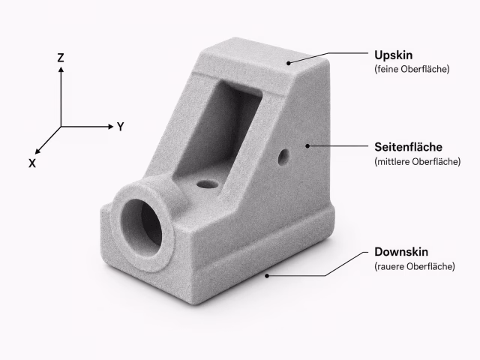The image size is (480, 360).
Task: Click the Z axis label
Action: coord(61,58)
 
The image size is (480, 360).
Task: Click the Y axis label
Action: coord(121,127)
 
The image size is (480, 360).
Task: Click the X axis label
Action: coord(32,163)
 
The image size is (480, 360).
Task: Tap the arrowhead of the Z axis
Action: coord(61,70)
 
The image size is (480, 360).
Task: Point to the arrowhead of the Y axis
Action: coord(111,127)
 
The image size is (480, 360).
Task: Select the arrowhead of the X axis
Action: coord(37,151)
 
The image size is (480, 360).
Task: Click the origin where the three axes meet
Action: coord(61,127)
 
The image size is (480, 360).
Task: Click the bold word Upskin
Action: coord(393,55)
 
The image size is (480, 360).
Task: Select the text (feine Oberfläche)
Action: coord(412,69)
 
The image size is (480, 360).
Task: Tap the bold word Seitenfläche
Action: coord(408,147)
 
